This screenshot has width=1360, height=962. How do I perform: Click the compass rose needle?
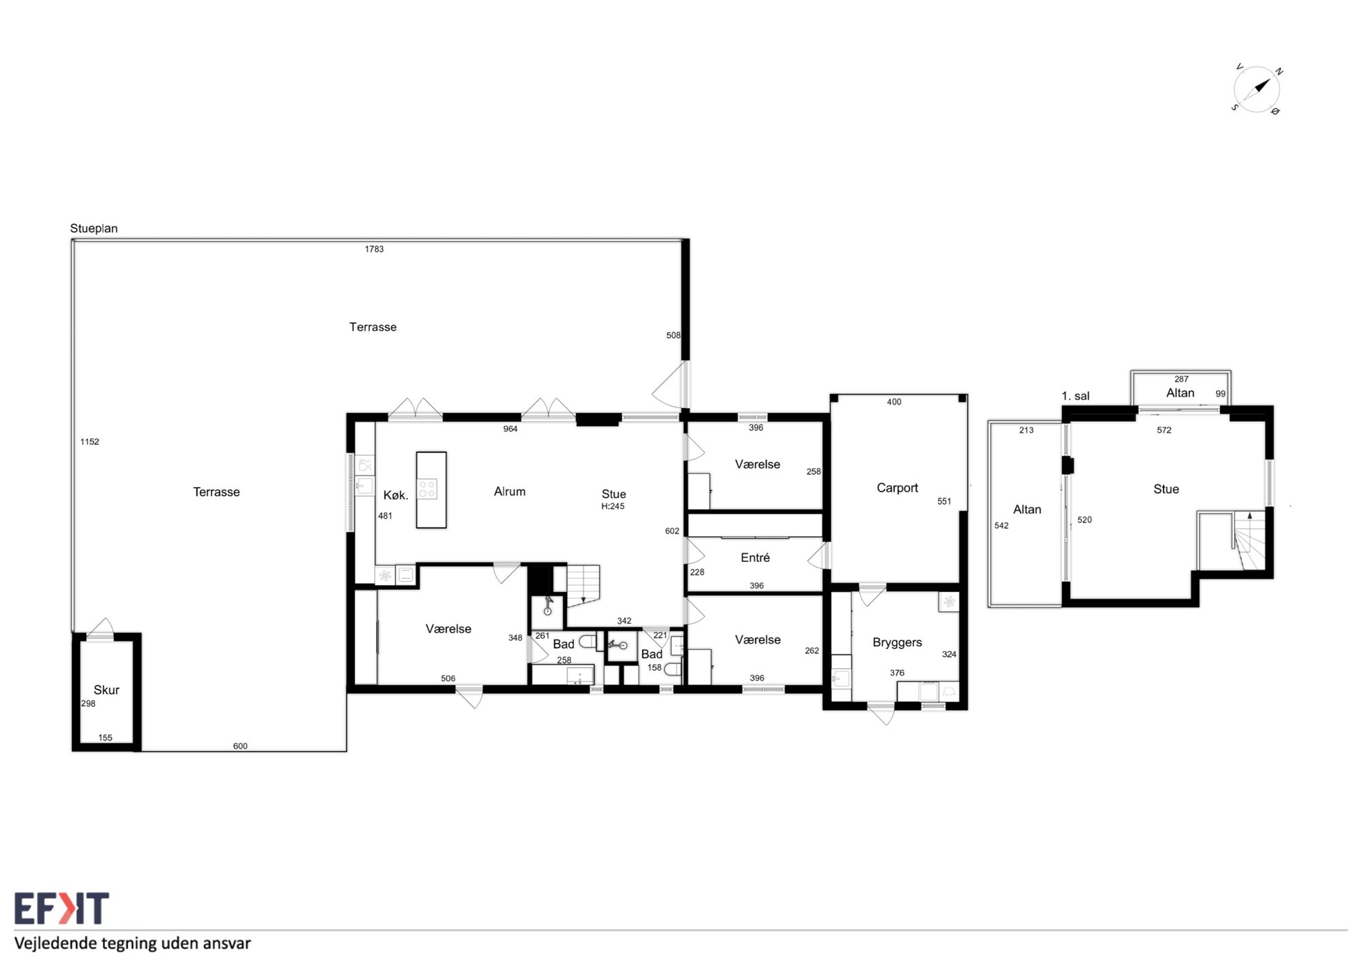click(x=1262, y=86)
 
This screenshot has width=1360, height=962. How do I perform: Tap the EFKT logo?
click(x=61, y=908)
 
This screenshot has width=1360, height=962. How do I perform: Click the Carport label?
click(x=897, y=488)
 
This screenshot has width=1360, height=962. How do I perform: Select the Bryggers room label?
click(x=897, y=642)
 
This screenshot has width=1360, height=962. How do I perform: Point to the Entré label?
click(x=755, y=557)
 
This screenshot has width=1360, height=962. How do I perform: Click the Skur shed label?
click(x=106, y=690)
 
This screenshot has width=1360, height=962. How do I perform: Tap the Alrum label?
click(x=509, y=491)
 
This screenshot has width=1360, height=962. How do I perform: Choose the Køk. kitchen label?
click(x=396, y=495)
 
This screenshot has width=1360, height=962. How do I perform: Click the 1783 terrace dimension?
click(x=374, y=249)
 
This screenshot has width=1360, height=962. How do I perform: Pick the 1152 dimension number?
click(x=90, y=442)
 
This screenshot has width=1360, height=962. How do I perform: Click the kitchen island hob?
click(x=427, y=488)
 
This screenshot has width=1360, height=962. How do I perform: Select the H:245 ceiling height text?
click(x=613, y=506)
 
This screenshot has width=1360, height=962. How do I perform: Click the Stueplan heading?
click(x=94, y=229)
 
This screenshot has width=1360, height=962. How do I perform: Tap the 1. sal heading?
click(x=1075, y=396)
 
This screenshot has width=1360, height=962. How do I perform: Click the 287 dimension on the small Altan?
click(x=1181, y=379)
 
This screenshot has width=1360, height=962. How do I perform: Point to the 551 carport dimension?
click(x=944, y=501)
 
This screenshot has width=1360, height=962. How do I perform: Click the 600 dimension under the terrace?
click(x=240, y=746)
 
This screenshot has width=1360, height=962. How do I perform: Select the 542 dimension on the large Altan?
click(x=1002, y=525)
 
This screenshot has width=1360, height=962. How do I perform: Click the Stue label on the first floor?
click(x=1166, y=489)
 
